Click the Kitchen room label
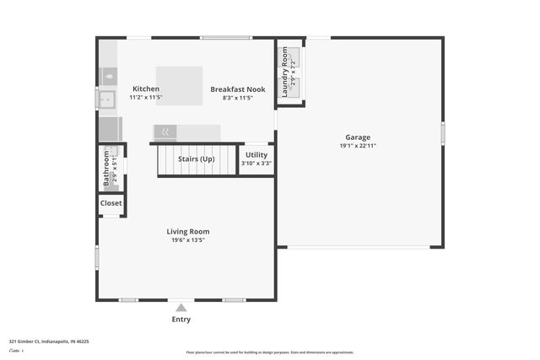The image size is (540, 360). tap(145, 89)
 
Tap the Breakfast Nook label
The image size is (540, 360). tap(238, 89)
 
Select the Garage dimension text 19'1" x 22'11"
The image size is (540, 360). tap(357, 146)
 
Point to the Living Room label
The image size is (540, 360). tap(187, 231)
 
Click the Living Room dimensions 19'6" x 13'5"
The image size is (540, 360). tap(187, 240)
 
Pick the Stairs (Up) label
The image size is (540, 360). tap(196, 159)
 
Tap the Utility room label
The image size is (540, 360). tap(256, 154)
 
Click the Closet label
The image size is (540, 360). tap(111, 203)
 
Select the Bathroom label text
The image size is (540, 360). tap(106, 168)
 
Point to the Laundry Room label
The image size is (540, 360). tap(284, 72)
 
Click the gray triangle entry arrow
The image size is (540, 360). tap(181, 308)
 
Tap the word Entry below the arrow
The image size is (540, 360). tap(181, 320)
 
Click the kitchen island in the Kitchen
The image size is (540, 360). tap(179, 85)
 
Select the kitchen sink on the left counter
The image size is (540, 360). tap(106, 99)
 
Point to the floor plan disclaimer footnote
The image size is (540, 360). tap(270, 352)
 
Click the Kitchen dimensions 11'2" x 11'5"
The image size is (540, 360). tap(145, 98)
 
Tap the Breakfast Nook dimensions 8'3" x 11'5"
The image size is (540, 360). tap(238, 98)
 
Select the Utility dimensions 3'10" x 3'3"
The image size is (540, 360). tap(256, 163)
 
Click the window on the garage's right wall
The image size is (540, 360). tap(442, 133)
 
